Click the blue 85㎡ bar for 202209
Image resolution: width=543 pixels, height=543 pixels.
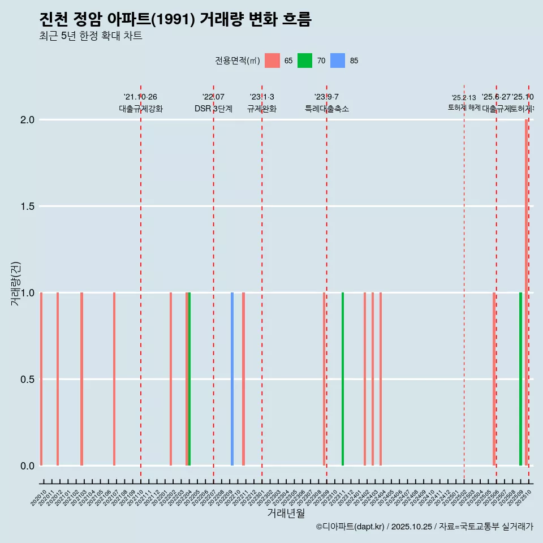[x=232, y=379]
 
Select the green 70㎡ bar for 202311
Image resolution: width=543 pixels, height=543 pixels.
[x=343, y=379]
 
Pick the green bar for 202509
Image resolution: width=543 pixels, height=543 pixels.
[x=520, y=379]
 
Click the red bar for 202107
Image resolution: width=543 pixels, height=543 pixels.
[x=114, y=379]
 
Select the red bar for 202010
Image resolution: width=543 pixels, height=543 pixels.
[x=41, y=379]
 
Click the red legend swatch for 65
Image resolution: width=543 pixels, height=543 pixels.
[x=272, y=61]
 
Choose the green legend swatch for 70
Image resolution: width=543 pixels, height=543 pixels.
[x=305, y=61]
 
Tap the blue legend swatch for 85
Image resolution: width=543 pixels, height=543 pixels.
[x=338, y=61]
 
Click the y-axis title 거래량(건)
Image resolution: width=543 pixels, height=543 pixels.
[x=16, y=283]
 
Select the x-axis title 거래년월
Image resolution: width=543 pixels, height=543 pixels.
[x=286, y=514]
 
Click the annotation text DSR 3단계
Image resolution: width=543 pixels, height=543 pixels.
[x=213, y=109]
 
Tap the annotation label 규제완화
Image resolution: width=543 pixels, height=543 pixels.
[x=262, y=109]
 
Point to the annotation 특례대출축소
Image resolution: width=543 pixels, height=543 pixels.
[x=327, y=109]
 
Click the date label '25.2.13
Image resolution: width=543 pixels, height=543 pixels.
[x=464, y=98]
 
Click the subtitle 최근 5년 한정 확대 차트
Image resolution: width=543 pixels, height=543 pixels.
[x=90, y=36]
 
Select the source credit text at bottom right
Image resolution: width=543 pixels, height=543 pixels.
[x=424, y=527]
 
